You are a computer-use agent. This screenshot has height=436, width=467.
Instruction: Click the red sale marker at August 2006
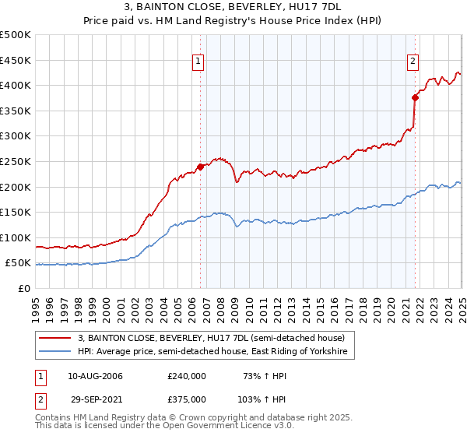pos(200,166)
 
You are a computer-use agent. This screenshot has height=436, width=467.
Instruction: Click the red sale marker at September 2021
pos(415,97)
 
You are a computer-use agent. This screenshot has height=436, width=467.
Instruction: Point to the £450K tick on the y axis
pos(16,60)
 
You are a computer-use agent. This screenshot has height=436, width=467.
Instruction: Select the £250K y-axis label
pos(16,161)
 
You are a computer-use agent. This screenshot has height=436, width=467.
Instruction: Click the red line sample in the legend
pos(55,338)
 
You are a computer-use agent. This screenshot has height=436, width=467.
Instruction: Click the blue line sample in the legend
pos(55,352)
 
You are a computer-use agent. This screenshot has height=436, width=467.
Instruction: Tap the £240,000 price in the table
pos(187,376)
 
